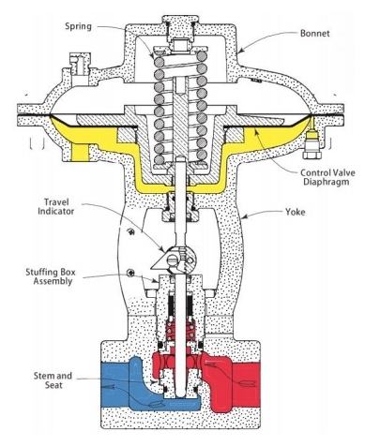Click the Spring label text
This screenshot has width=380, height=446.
(x=78, y=26)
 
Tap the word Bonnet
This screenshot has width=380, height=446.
(x=315, y=33)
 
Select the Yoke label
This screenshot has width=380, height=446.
(x=296, y=212)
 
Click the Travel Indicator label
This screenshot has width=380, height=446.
(x=56, y=207)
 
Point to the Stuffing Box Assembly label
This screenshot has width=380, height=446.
(x=51, y=276)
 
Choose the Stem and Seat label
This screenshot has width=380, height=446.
(x=53, y=380)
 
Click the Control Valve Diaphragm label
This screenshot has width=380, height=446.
(x=327, y=177)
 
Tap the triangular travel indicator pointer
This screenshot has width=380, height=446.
(x=160, y=263)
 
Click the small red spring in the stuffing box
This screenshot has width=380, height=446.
(x=180, y=331)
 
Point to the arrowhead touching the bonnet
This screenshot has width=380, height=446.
(x=241, y=51)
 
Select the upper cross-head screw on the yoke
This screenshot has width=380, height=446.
(x=131, y=231)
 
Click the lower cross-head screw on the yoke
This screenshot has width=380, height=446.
(x=131, y=273)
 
